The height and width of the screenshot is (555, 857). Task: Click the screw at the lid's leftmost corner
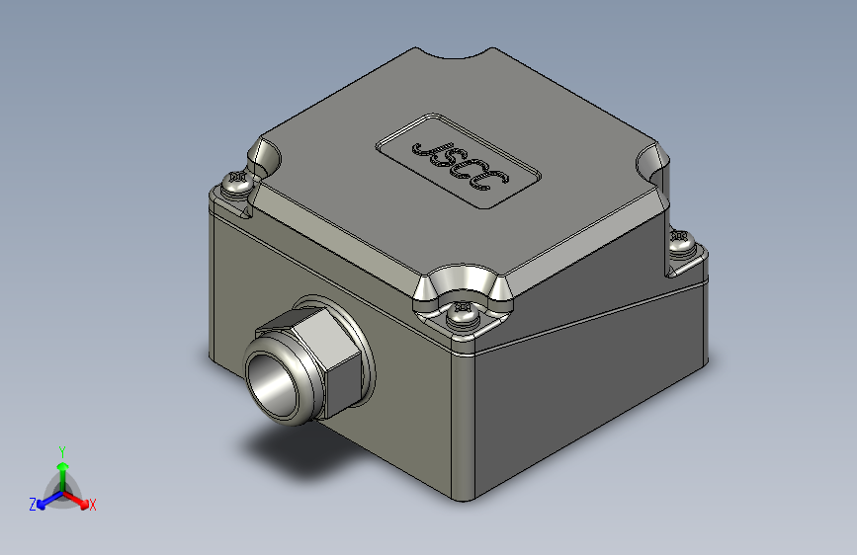237,184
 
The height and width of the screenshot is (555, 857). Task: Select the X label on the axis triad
93,506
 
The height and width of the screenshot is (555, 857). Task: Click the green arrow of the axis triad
61,468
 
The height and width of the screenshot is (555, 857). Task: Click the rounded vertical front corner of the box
463,425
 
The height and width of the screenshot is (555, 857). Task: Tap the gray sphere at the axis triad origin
61,491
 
